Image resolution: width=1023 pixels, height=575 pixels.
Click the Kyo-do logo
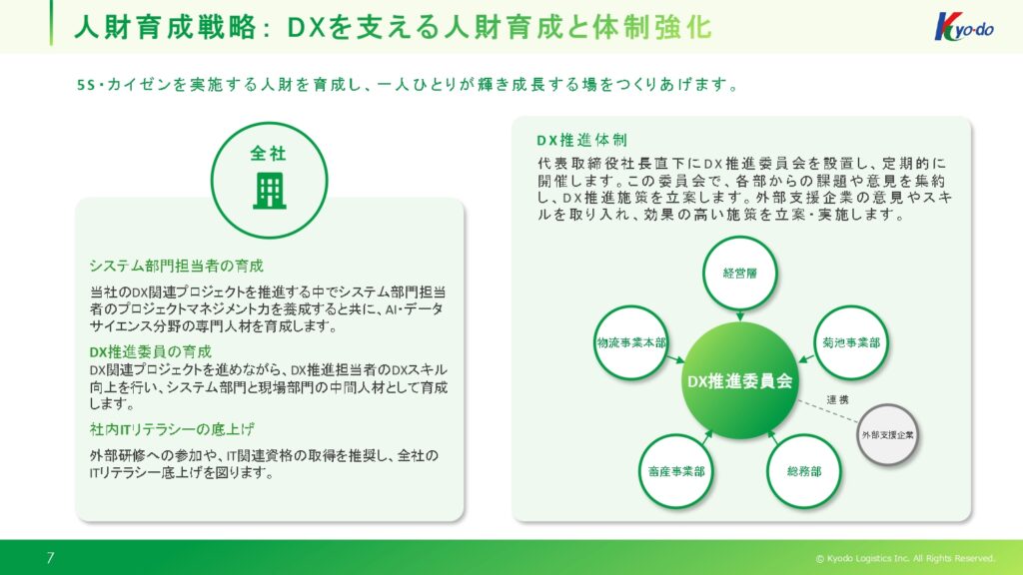pos(964,27)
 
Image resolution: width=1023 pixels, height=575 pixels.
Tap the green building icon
pos(270,191)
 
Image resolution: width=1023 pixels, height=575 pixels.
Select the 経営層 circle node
pos(740,274)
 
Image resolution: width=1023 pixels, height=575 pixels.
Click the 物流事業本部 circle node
pos(631,343)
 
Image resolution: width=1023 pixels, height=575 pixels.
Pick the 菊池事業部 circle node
pos(851,343)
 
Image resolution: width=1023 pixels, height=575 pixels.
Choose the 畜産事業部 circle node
pos(676,471)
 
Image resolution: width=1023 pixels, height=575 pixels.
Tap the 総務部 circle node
pos(804,471)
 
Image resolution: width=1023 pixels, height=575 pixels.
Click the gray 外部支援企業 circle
pos(887,435)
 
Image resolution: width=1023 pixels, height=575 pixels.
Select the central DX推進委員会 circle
pos(740,380)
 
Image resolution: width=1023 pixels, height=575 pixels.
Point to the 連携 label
pos(838,399)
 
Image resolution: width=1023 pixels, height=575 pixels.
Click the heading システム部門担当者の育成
pos(176,266)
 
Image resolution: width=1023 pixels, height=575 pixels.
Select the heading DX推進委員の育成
pos(151,352)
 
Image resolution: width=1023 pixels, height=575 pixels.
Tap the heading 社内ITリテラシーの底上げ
pos(172,429)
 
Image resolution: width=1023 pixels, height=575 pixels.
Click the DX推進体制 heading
pos(582,140)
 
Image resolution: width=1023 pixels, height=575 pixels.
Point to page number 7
pos(50,557)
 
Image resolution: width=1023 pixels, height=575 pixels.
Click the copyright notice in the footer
pos(905,558)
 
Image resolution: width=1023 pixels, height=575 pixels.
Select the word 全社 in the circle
pos(268,153)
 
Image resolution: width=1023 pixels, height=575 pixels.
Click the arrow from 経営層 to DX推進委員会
pos(740,315)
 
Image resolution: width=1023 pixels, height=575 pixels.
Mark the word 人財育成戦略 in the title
pos(165,27)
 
